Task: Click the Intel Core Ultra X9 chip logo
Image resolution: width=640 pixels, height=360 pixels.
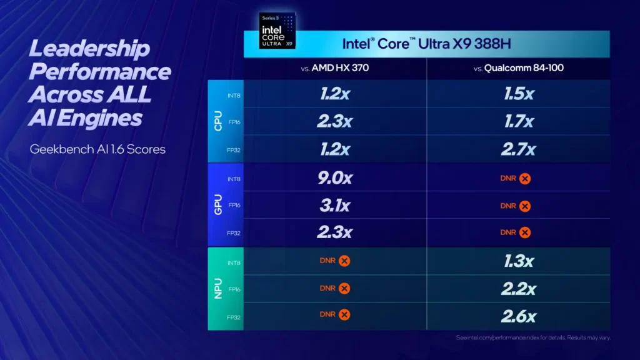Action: (x=277, y=31)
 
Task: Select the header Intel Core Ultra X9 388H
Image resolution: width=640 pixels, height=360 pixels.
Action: (x=426, y=44)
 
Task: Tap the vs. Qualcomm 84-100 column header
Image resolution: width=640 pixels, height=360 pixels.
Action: (x=519, y=67)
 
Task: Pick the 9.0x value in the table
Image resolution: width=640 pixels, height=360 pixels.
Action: (x=334, y=178)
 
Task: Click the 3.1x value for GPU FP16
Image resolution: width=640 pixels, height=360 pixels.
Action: (x=334, y=205)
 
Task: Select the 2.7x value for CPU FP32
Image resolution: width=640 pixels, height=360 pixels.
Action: (x=519, y=149)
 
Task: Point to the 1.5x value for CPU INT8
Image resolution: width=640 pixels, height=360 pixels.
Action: (x=519, y=94)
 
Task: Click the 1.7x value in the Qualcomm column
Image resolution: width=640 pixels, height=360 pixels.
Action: (x=519, y=121)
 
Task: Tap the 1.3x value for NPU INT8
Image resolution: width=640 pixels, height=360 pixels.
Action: (x=519, y=261)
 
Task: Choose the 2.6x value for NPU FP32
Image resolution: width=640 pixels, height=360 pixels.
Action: (x=519, y=316)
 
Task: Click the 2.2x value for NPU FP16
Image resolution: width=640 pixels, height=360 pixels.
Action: (x=519, y=289)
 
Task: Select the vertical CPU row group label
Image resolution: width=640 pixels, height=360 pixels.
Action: (x=218, y=121)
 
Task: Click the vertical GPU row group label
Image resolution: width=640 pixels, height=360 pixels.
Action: (x=218, y=205)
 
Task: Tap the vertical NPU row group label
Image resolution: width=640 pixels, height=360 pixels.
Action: (x=218, y=289)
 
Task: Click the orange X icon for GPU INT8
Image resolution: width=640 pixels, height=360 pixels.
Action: (x=525, y=179)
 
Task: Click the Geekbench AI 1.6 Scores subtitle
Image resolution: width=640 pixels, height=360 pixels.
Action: (x=97, y=149)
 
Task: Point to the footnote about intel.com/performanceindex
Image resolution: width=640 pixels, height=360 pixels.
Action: (x=532, y=337)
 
